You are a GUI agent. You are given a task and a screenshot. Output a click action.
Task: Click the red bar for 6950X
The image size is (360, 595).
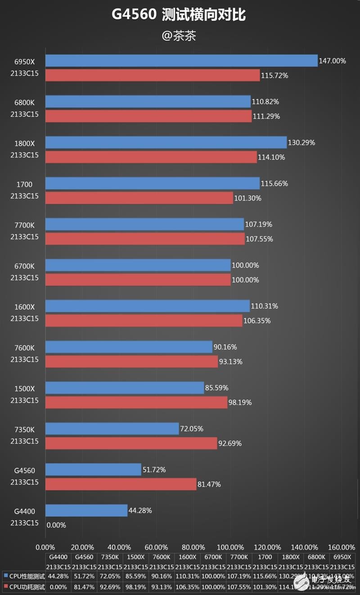click(153, 75)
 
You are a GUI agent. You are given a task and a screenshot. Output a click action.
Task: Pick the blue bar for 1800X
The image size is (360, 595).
click(166, 143)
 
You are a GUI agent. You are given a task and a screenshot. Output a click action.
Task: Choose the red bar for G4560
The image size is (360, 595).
click(121, 484)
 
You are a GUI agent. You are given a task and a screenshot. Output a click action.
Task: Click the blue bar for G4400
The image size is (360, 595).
click(86, 510)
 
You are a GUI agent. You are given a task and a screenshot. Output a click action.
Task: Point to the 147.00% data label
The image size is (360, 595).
click(333, 61)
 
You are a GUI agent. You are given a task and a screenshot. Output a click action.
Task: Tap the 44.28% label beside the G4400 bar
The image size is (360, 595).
click(141, 510)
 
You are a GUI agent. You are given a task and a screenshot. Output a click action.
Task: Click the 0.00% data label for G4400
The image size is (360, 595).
click(56, 525)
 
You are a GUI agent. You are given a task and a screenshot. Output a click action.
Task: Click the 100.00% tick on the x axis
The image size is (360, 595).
click(230, 547)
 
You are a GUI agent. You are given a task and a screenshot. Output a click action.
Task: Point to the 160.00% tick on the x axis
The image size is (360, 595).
click(342, 547)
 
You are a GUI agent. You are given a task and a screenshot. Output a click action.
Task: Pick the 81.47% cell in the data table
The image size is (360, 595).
click(84, 587)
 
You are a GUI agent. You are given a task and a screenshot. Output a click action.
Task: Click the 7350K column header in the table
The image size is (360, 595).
click(109, 557)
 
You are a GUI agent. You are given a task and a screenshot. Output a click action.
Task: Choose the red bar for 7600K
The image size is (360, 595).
click(131, 362)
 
